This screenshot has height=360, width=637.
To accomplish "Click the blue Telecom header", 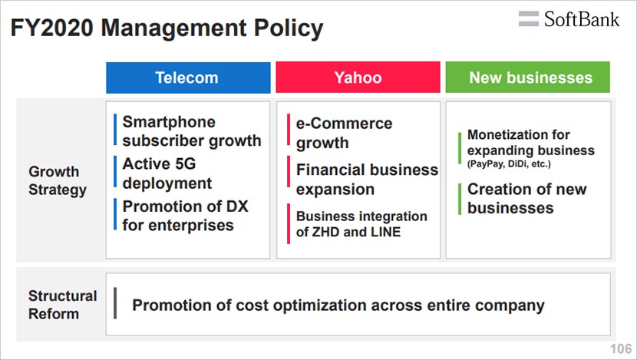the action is point(188,78).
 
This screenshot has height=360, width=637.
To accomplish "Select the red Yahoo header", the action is point(358,78).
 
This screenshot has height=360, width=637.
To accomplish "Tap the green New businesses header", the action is point(528,78).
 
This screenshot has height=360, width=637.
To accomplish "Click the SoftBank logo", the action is point(569,19).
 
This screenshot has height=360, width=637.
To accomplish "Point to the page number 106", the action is point(621,348).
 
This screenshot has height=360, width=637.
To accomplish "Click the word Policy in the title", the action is point(289,28).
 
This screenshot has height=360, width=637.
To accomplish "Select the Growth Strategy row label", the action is point(58,181).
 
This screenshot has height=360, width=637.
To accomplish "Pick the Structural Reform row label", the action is point(63,305).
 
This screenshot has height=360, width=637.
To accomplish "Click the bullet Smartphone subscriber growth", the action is point(192,131).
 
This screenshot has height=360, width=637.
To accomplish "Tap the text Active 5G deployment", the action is point(167,173).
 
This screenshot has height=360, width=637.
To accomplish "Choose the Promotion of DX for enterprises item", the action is point(185,216).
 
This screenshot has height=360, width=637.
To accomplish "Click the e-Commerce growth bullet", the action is point(344,134).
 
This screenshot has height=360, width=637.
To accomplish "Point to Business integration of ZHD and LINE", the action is point(361,224).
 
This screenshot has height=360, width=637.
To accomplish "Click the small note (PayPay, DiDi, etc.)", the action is point(509,164).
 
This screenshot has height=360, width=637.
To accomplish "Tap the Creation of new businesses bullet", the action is point(527,199).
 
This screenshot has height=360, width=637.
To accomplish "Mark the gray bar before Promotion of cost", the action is point(115,303).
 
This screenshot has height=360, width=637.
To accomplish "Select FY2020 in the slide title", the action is point(52,28).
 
